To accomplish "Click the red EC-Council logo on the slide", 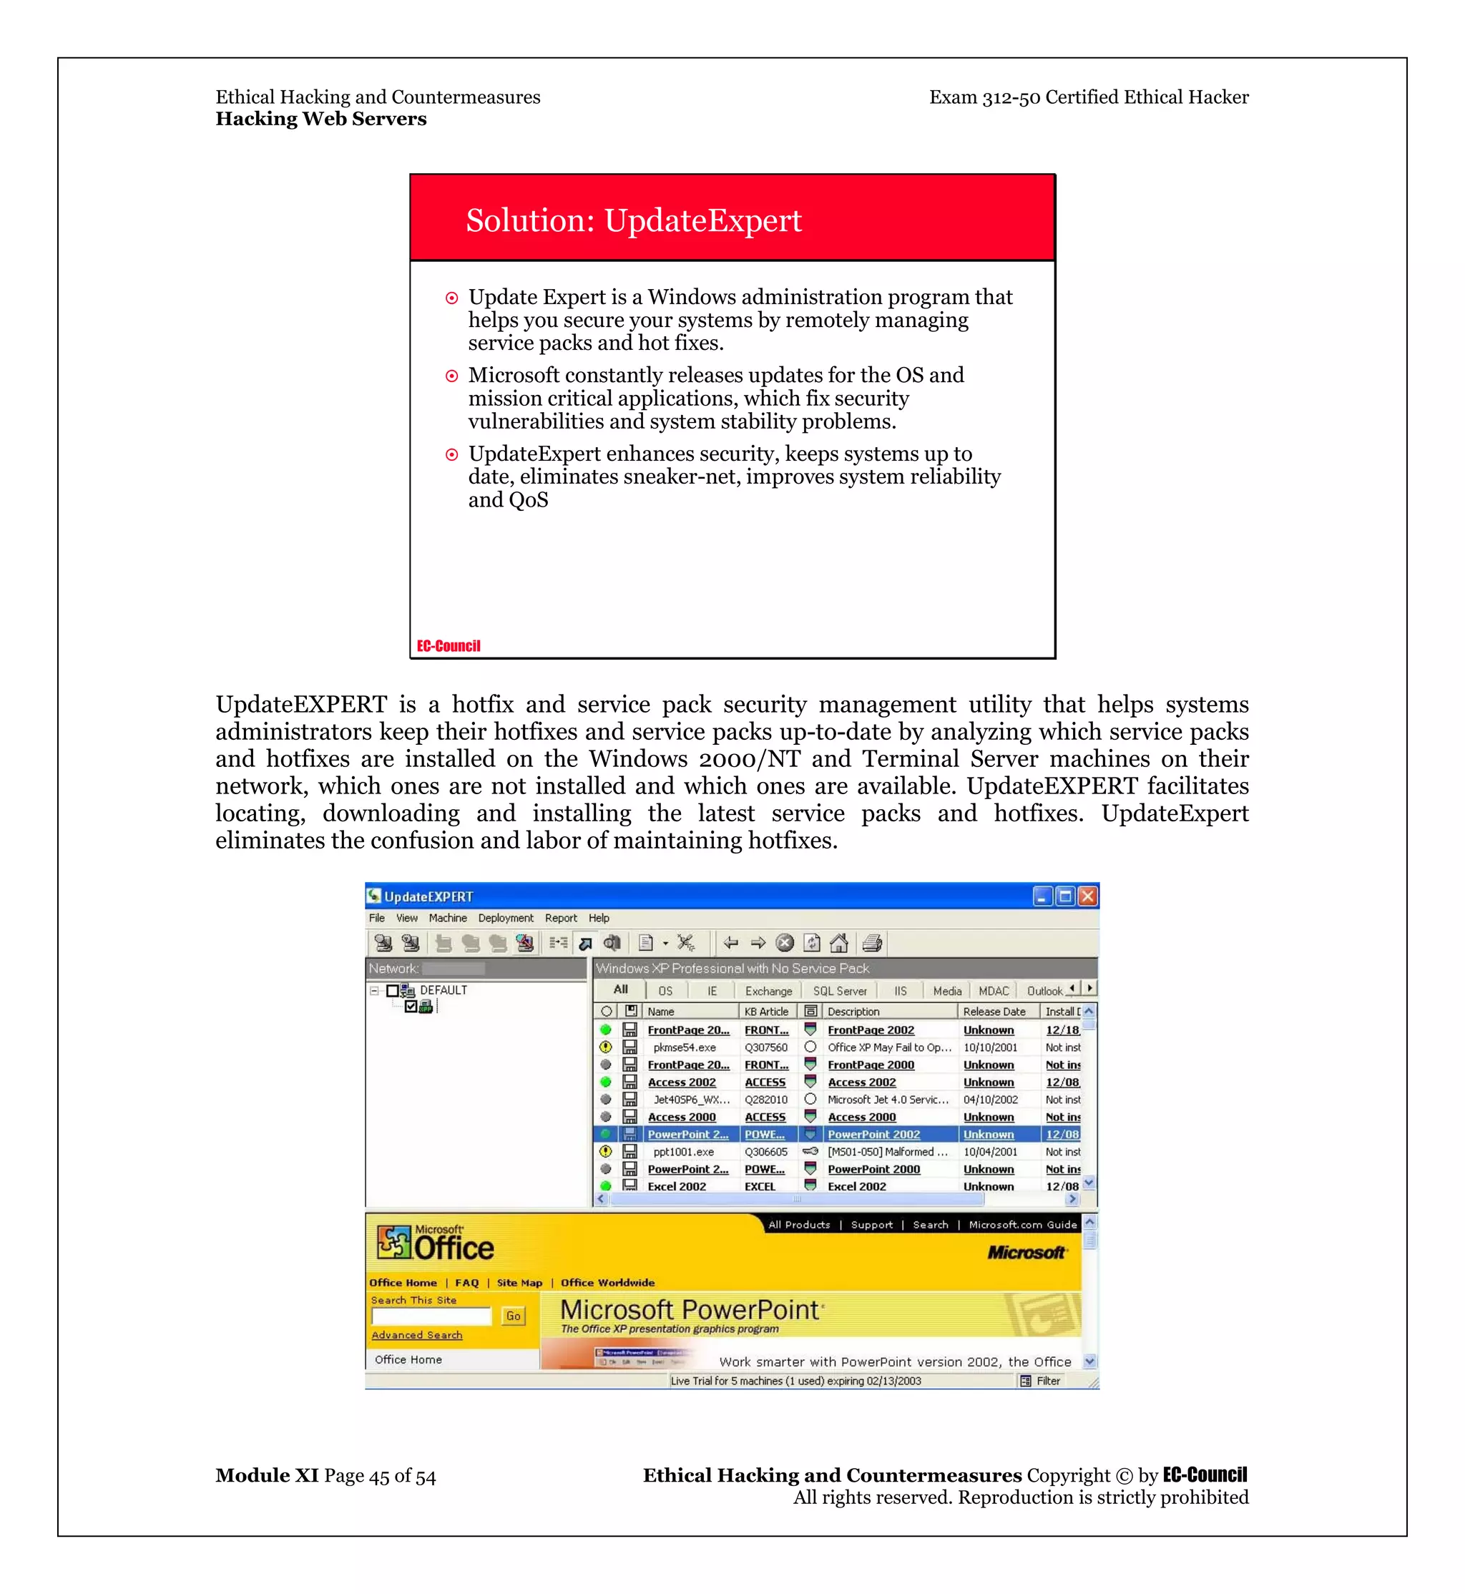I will pyautogui.click(x=449, y=645).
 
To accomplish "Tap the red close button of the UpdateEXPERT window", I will pyautogui.click(x=1087, y=896).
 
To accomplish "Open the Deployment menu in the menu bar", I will pyautogui.click(x=505, y=919).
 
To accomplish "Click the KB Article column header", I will pyautogui.click(x=766, y=1012).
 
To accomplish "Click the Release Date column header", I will pyautogui.click(x=994, y=1012).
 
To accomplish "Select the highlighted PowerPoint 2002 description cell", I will pyautogui.click(x=873, y=1135).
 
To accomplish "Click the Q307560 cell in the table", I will pyautogui.click(x=766, y=1047).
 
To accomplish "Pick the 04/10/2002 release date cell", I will pyautogui.click(x=990, y=1100).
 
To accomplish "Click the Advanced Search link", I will pyautogui.click(x=417, y=1336).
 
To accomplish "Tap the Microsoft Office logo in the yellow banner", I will pyautogui.click(x=436, y=1243).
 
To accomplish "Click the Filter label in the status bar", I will pyautogui.click(x=1047, y=1382).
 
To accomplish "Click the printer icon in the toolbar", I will pyautogui.click(x=872, y=944).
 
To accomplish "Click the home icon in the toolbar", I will pyautogui.click(x=839, y=944).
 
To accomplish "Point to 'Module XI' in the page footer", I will pyautogui.click(x=267, y=1476).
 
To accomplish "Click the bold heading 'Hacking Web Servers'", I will pyautogui.click(x=321, y=119).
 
